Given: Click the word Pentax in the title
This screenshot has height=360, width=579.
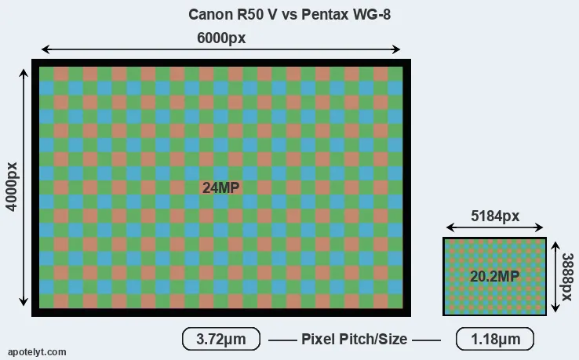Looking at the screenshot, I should pyautogui.click(x=326, y=14).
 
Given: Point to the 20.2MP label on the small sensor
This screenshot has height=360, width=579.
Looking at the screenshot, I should pyautogui.click(x=494, y=276).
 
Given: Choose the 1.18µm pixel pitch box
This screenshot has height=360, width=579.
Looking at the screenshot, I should pyautogui.click(x=494, y=339).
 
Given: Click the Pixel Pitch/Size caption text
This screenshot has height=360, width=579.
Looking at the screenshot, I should pyautogui.click(x=355, y=339).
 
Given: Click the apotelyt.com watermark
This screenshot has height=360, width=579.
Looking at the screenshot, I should pyautogui.click(x=37, y=352).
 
